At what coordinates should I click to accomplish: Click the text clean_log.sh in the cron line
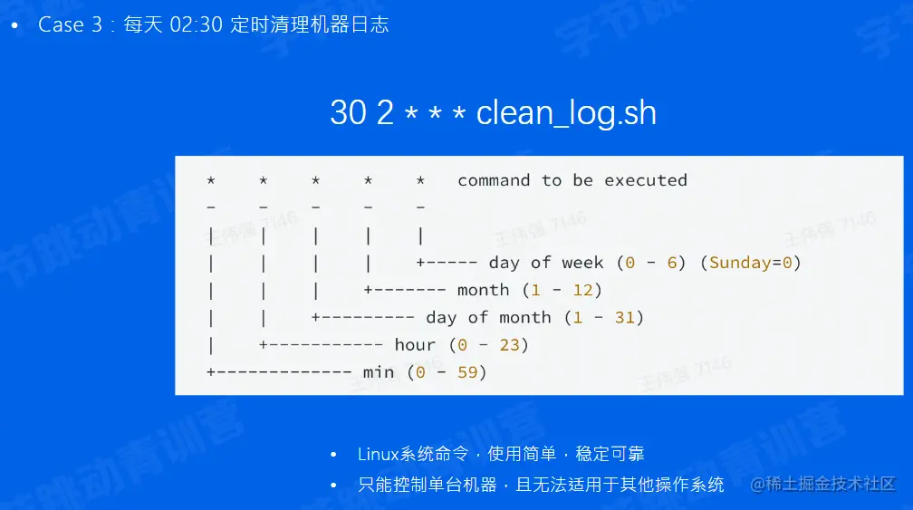pos(566,113)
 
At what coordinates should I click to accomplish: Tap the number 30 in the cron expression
pos(348,112)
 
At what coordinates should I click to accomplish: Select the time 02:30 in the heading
pos(197,24)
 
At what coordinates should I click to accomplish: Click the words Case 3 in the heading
pos(70,24)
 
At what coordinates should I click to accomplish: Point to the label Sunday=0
pos(751,263)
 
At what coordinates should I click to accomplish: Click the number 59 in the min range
pos(467,372)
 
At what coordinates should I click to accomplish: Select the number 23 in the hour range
pos(509,344)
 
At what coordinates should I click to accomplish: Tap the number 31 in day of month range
pos(624,317)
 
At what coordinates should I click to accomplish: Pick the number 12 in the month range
pos(582,290)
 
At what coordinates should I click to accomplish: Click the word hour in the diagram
pos(415,344)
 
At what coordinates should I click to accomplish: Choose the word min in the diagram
pos(379,372)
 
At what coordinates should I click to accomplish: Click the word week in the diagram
pos(582,263)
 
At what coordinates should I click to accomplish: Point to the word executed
pos(645,180)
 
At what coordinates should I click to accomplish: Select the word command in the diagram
pos(494,180)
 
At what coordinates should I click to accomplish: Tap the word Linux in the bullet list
pos(378,454)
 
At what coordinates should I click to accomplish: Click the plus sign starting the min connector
pos(211,372)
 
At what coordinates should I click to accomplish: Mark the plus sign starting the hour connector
pos(264,344)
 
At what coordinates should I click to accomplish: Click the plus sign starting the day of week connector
pos(420,263)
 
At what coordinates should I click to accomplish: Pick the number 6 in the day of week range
pos(672,263)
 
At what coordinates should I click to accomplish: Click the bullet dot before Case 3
pos(14,25)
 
